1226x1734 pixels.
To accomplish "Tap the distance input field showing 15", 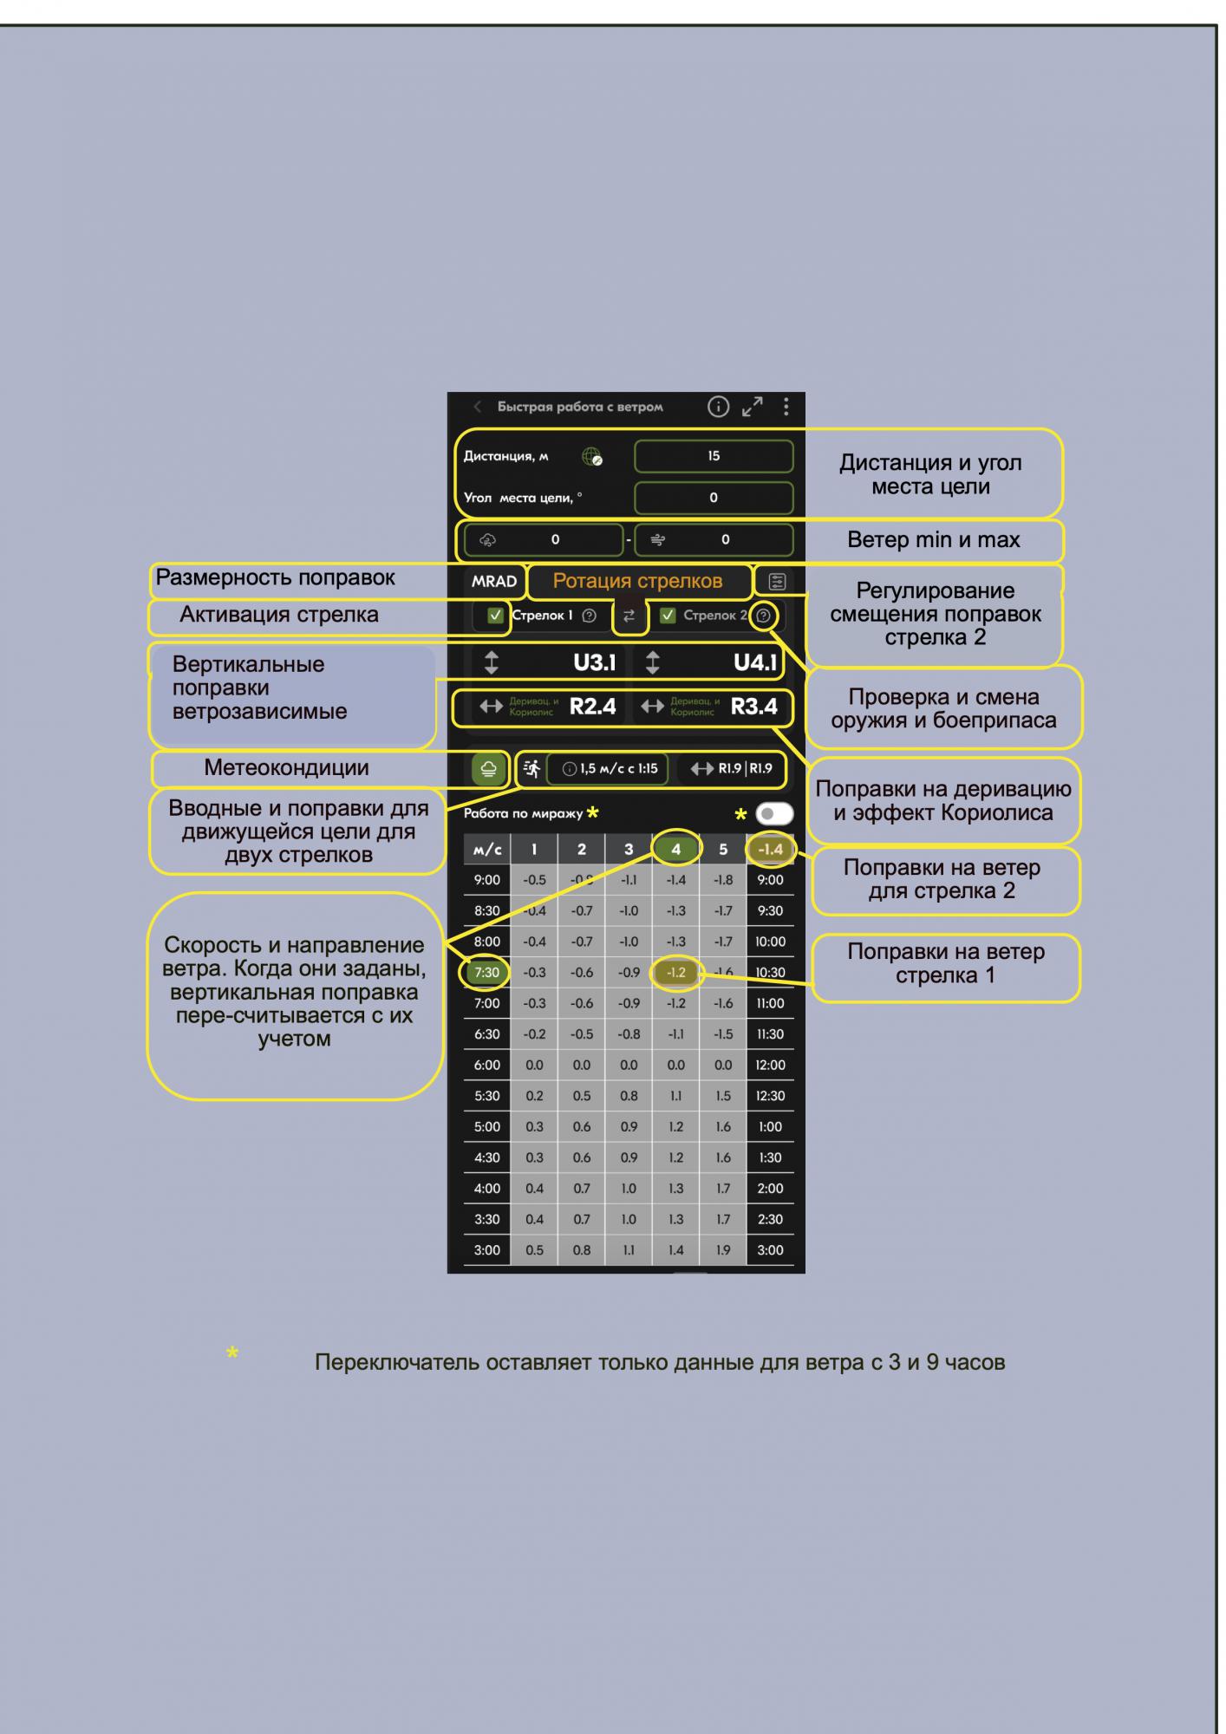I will tap(714, 456).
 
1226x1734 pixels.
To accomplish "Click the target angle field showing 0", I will tap(714, 498).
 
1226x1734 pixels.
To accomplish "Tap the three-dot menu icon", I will tap(786, 407).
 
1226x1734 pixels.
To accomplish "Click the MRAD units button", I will tap(493, 582).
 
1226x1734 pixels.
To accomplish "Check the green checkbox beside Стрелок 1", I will tap(496, 616).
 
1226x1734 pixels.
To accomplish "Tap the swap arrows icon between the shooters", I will tap(629, 616).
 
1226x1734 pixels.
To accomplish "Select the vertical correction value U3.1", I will tap(594, 663).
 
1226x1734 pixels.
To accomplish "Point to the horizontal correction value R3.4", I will tap(753, 707).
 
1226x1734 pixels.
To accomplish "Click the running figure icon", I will tap(531, 768).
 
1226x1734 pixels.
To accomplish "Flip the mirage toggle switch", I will tap(773, 814).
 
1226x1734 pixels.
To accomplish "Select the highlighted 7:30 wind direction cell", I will tap(486, 973).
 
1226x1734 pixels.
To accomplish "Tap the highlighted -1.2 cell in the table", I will tap(676, 973).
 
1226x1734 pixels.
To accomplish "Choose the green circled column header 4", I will tap(676, 850).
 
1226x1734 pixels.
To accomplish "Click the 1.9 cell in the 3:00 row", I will tap(723, 1250).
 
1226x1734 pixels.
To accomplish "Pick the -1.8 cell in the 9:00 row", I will tap(723, 880).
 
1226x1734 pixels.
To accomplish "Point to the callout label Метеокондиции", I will tap(286, 768).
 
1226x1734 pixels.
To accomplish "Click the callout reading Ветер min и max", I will tap(933, 540).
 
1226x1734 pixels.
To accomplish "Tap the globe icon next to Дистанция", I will tap(592, 457).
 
